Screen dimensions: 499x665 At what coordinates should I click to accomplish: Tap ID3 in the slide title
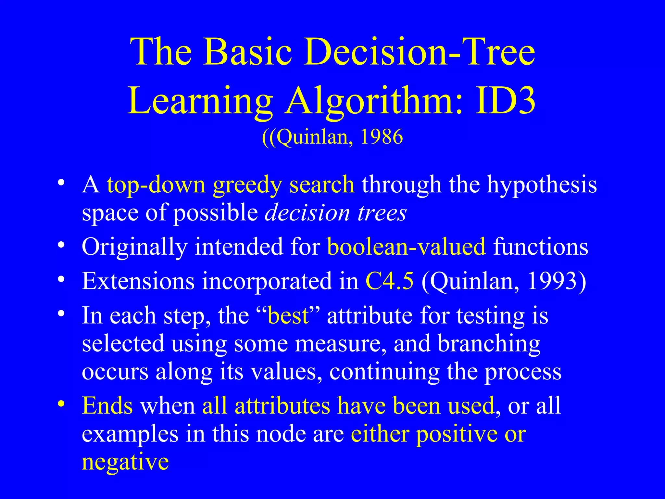click(505, 100)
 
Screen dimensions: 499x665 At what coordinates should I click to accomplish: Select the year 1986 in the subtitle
click(382, 136)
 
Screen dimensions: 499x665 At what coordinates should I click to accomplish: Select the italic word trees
click(382, 213)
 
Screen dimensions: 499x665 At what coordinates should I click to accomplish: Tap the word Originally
click(134, 247)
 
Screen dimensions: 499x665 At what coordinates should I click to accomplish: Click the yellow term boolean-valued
click(406, 246)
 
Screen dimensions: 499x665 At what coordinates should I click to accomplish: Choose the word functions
click(541, 246)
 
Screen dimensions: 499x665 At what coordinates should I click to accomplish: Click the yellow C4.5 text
click(390, 280)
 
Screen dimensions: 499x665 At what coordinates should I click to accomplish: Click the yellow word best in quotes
click(288, 315)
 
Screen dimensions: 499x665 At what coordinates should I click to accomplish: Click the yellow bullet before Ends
click(61, 404)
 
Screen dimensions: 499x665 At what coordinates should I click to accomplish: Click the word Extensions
click(138, 280)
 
